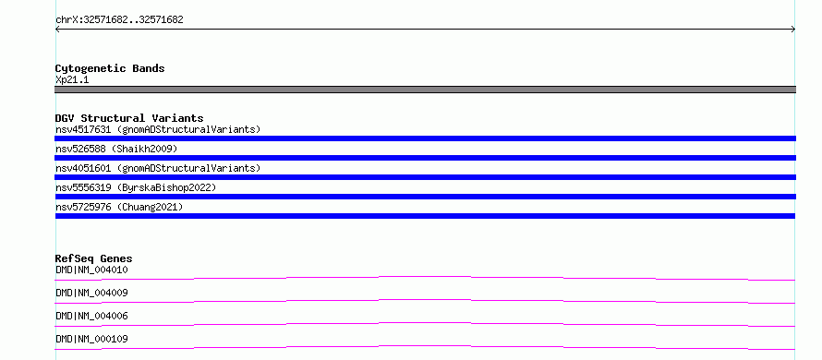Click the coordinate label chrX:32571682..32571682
tap(119, 20)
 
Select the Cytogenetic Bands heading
tap(110, 68)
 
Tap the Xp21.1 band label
tap(72, 80)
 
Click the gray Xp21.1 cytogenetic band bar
tap(425, 90)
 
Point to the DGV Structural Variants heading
tap(129, 118)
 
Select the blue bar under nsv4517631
tap(425, 138)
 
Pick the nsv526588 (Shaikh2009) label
tap(116, 149)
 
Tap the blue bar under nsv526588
tap(425, 158)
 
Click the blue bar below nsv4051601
tap(425, 177)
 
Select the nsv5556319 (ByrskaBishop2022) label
tap(136, 187)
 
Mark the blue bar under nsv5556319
tap(425, 197)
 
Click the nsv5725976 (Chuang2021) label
tap(119, 207)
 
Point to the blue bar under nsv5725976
tap(425, 216)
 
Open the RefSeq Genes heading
tap(94, 258)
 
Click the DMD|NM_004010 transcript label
tap(91, 270)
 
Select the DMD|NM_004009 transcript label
tap(91, 293)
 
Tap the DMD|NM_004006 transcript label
tap(91, 316)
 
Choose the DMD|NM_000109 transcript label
tap(91, 339)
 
